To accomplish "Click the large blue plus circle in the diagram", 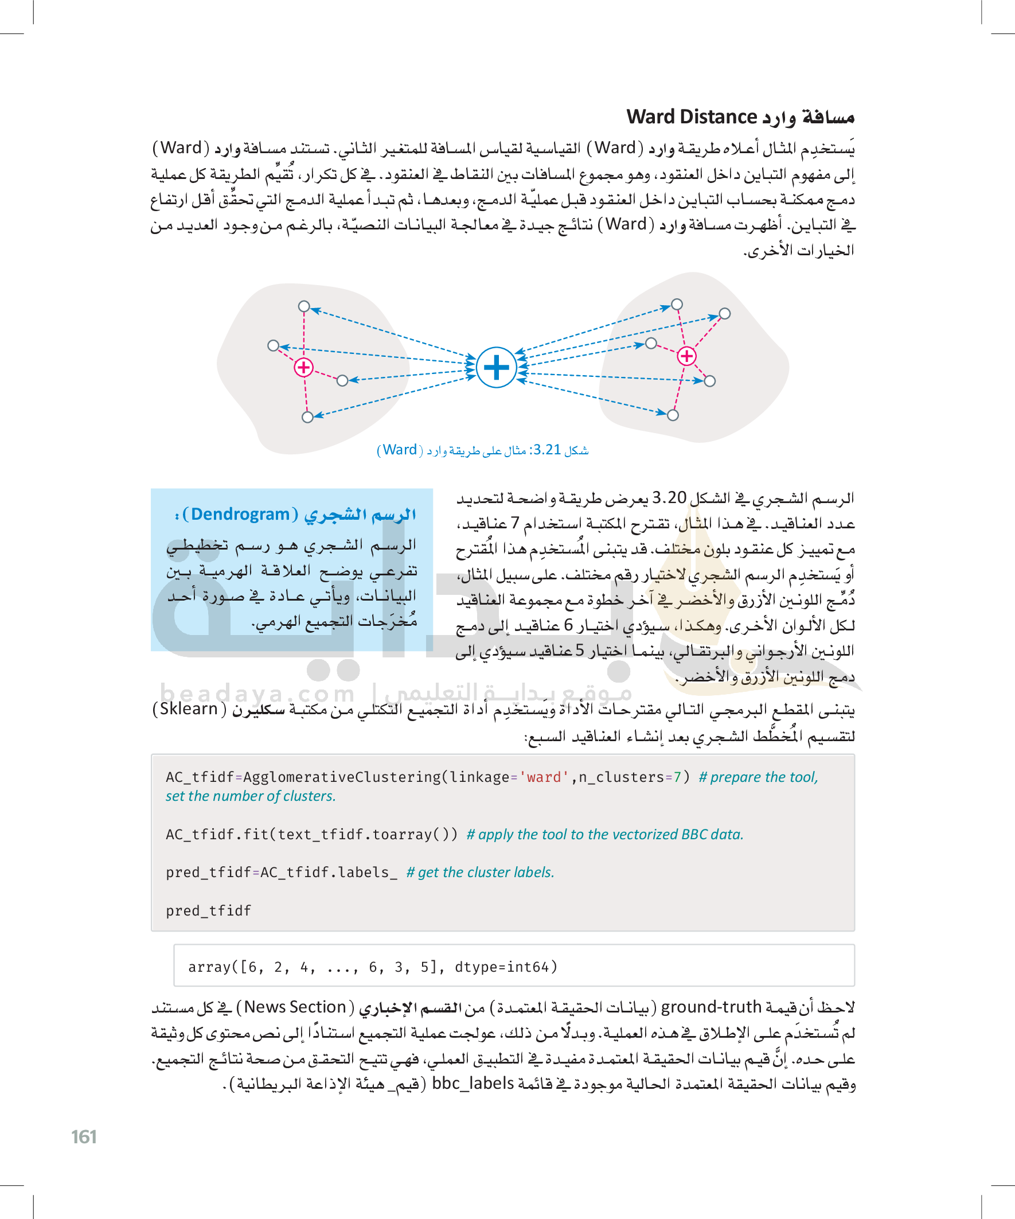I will click(496, 367).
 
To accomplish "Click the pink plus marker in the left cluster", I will click(303, 368).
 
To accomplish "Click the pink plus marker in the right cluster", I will click(686, 356).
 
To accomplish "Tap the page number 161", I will click(84, 1136).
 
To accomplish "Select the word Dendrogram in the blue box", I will click(240, 515).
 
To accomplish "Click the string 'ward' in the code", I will click(543, 777).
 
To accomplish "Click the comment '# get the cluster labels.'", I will click(480, 873).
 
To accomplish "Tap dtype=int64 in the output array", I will click(505, 967).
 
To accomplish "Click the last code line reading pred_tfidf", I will click(208, 911).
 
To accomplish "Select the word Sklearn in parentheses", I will click(189, 709).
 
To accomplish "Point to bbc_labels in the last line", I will click(473, 1083).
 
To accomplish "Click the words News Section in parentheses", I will click(295, 1007).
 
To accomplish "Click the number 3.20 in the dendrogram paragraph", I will click(669, 498).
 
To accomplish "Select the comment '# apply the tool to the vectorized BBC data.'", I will click(605, 835).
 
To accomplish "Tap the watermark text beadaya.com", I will click(257, 694).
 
